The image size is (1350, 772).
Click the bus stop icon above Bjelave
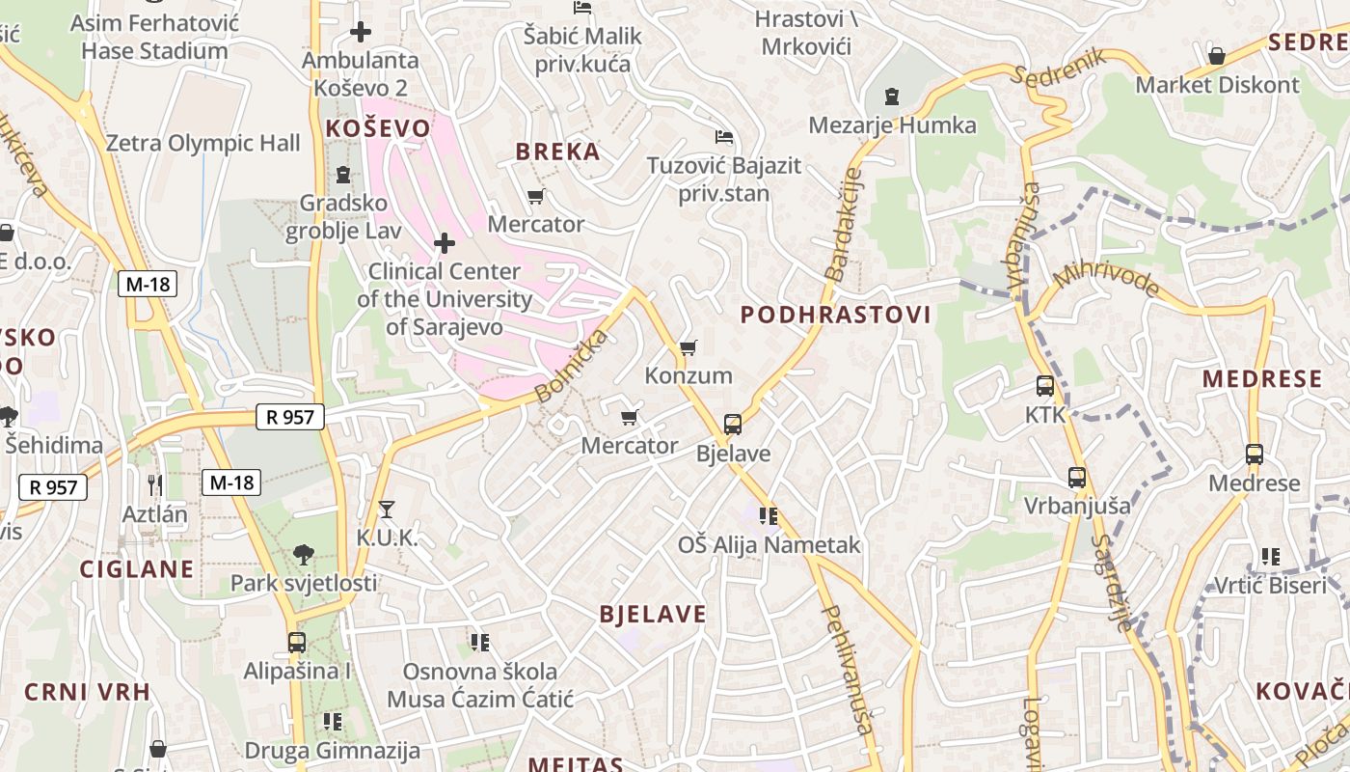point(733,425)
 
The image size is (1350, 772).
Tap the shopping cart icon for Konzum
point(688,347)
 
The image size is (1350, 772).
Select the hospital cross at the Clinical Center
point(445,242)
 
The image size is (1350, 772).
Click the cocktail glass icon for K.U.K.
point(387,509)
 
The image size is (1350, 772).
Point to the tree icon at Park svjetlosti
point(304,555)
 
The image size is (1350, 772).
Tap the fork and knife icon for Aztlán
point(154,484)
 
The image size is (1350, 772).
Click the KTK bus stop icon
point(1045,386)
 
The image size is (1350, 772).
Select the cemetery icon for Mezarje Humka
point(892,96)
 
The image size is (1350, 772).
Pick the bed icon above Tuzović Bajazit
point(723,136)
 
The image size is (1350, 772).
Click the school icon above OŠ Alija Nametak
point(768,516)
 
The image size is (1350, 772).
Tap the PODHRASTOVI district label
point(836,315)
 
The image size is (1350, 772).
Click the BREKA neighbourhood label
point(557,152)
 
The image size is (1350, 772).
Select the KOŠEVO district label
point(378,128)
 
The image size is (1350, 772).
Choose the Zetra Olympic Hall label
point(202,144)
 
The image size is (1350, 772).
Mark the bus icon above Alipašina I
point(297,642)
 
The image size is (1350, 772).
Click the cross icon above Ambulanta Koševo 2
point(361,32)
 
